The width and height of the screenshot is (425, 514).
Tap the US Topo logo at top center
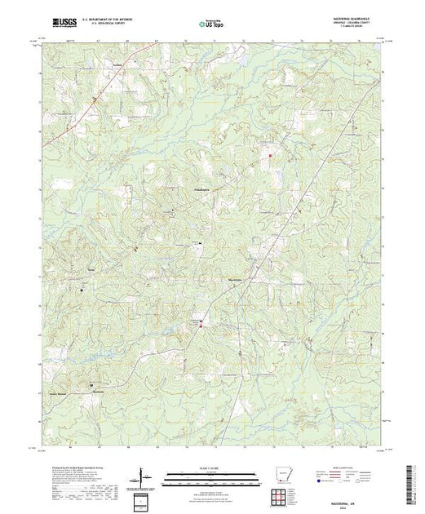212,25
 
